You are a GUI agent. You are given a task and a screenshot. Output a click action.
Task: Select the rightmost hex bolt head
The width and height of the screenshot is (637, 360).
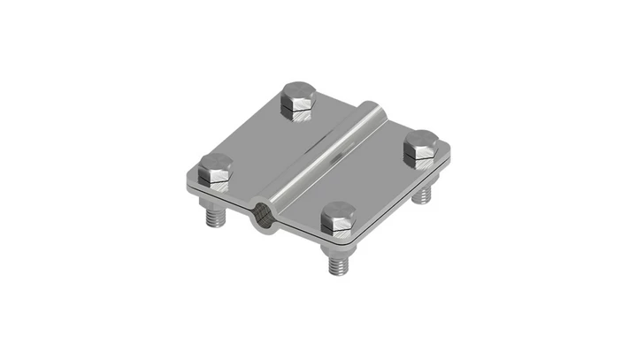(x=422, y=146)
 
